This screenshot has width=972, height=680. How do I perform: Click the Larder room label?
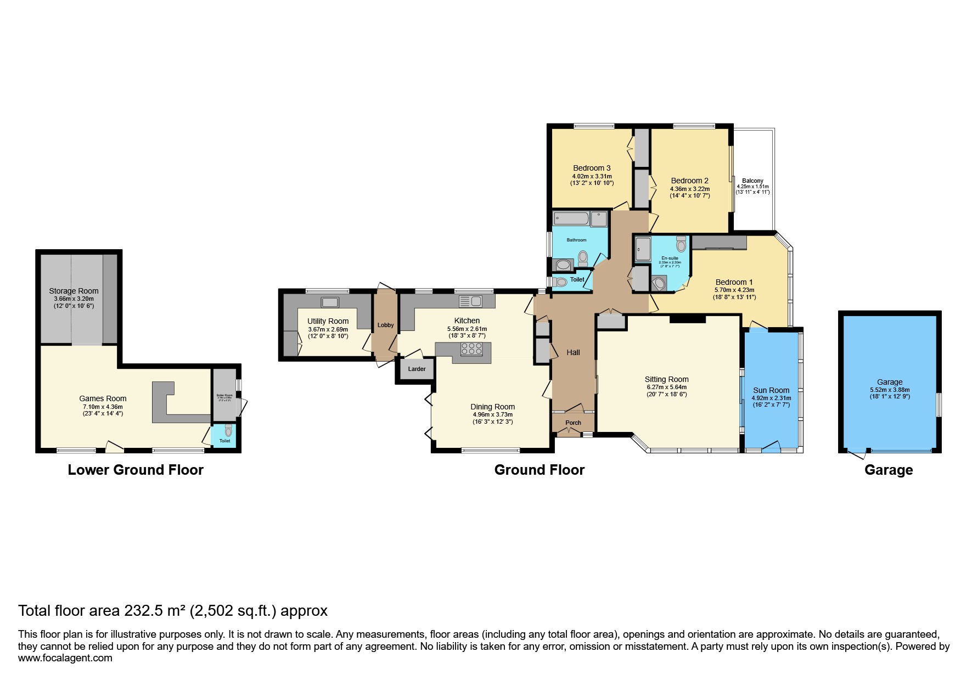417,369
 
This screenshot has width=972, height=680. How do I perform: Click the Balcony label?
752,181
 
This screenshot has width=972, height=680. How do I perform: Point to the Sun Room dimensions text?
771,402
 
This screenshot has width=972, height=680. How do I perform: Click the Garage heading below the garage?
888,470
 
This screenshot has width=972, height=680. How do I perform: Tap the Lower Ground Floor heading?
136,470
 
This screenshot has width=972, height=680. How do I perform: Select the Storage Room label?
74,291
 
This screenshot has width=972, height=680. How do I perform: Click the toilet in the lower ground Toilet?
228,430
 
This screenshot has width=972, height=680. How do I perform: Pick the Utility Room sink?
330,302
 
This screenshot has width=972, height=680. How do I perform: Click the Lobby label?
385,325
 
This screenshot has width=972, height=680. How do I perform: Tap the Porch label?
573,423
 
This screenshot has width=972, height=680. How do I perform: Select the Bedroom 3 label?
592,168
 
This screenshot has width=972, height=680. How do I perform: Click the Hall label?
573,352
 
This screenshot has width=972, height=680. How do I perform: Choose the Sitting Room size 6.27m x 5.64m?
666,387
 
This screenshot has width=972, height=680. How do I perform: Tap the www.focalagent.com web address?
65,658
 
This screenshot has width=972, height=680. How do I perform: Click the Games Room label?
103,398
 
